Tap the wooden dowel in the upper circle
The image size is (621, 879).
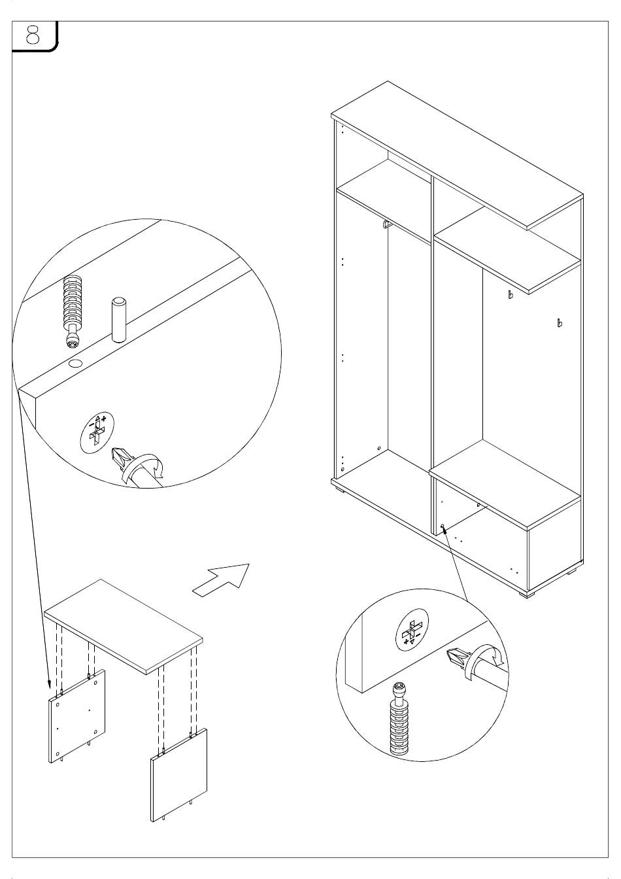[x=118, y=320]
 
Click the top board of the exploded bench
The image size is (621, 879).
[x=124, y=624]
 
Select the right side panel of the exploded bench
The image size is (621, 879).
[x=180, y=774]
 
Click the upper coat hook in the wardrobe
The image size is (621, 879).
[x=511, y=294]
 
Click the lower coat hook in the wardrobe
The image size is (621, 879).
[x=558, y=322]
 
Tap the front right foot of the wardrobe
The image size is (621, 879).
[x=526, y=595]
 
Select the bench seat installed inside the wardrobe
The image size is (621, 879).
[x=504, y=485]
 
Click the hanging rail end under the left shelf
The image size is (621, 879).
[x=385, y=226]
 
